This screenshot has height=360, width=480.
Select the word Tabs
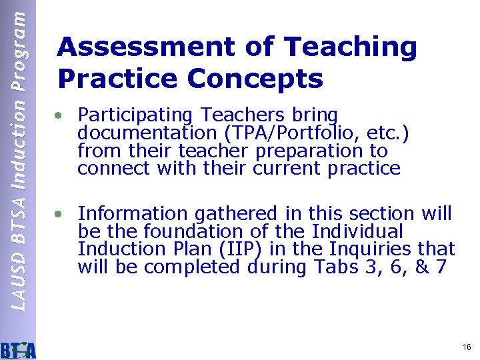click(335, 267)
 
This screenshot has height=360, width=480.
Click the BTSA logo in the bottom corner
click(19, 349)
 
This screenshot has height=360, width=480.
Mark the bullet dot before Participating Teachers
click(60, 116)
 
